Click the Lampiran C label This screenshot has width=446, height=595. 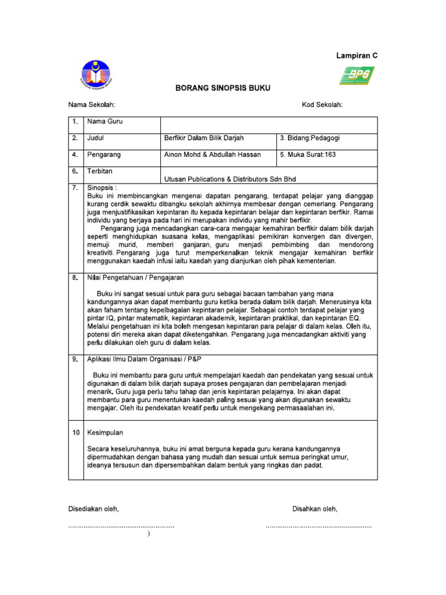(357, 56)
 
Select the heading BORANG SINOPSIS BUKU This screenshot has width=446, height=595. (223, 88)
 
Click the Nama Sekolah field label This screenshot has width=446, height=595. (92, 105)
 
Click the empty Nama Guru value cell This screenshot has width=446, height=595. (268, 125)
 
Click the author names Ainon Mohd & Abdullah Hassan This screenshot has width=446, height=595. (213, 155)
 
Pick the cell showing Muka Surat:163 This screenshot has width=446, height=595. (308, 155)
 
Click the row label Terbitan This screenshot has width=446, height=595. (100, 171)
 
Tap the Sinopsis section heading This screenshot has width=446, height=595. (102, 188)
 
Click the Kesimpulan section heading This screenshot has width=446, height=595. (105, 433)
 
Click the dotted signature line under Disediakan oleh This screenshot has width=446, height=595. (121, 526)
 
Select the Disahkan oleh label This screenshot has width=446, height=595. (315, 509)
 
